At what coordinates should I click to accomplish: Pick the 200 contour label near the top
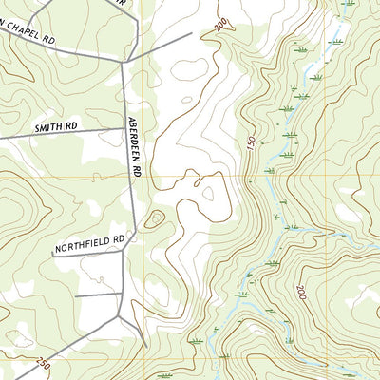(222, 24)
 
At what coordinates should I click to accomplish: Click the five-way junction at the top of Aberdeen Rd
(123, 62)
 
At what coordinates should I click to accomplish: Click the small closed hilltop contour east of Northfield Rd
(154, 220)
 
